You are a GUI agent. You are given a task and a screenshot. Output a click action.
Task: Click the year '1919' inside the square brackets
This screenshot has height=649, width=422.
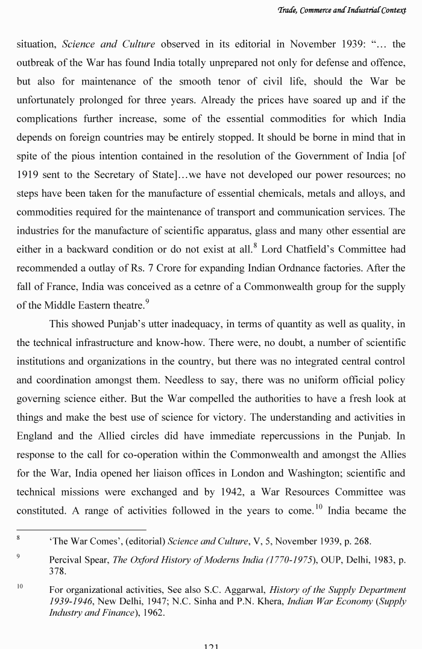pyautogui.click(x=28, y=174)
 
